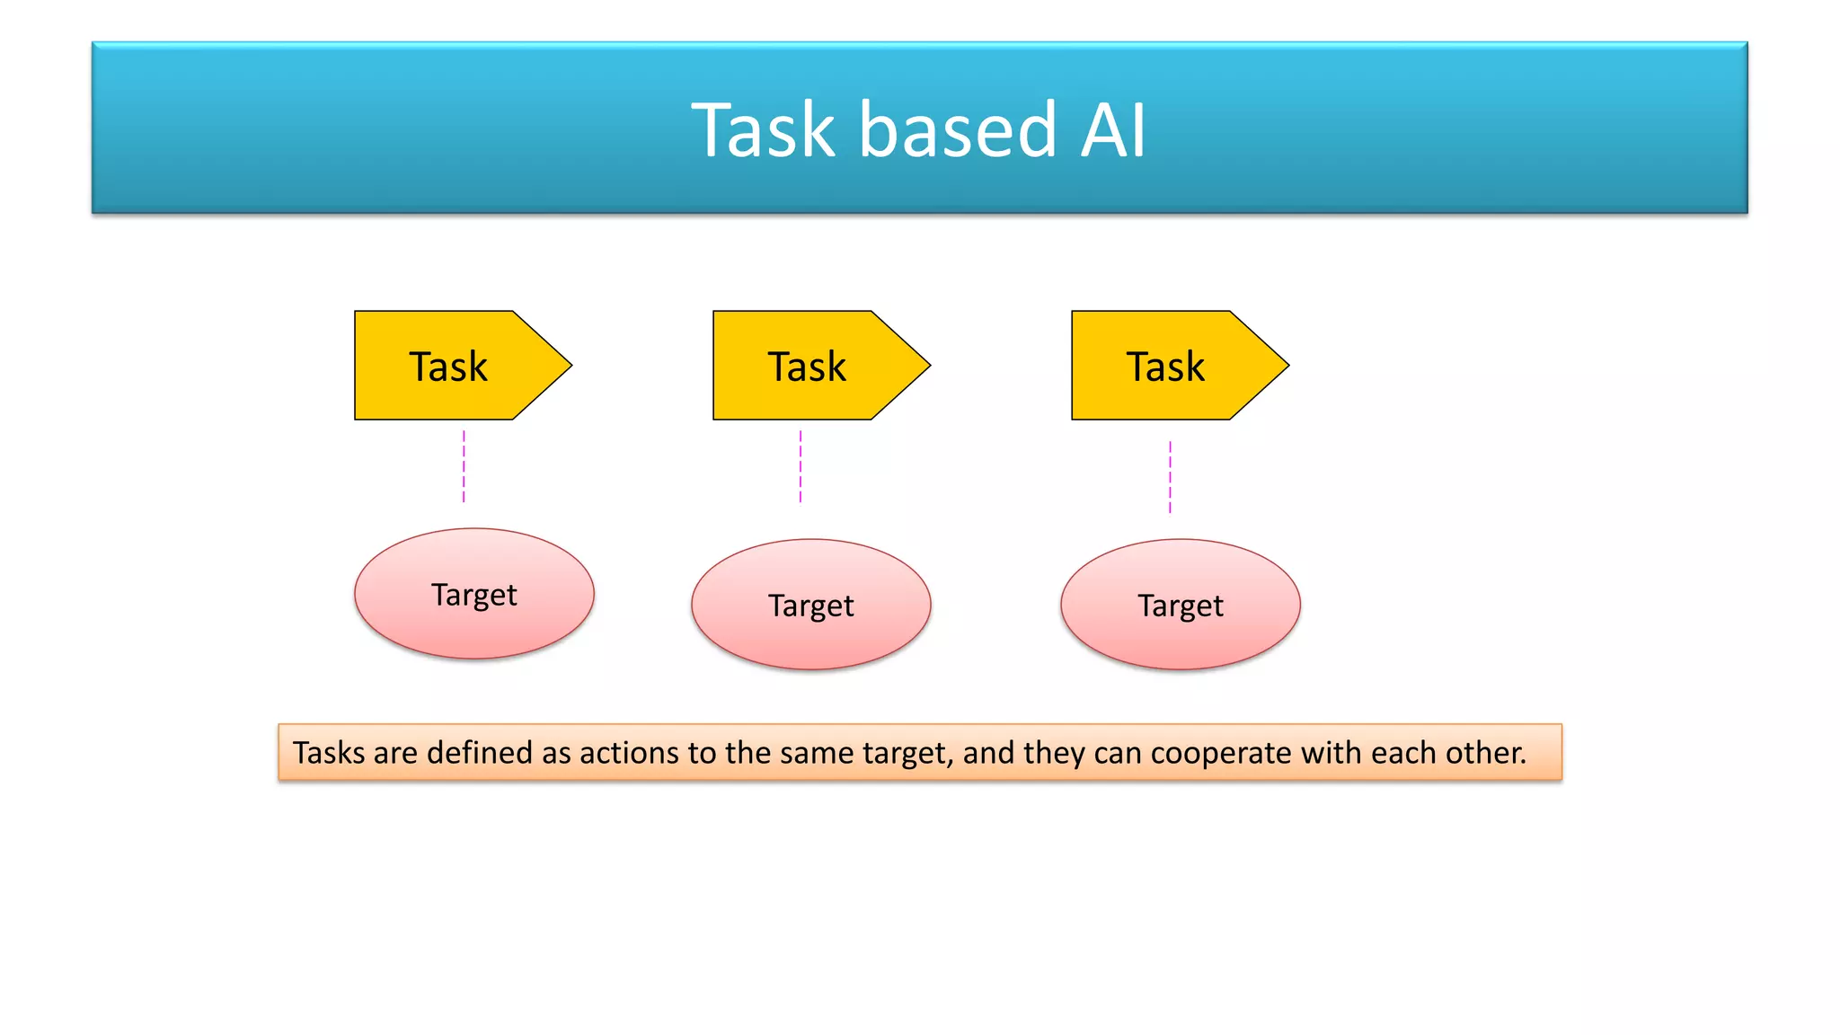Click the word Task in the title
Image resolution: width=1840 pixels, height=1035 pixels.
tap(763, 131)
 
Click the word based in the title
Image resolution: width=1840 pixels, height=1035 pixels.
tap(958, 131)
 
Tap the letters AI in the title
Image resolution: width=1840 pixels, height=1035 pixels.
tap(1113, 131)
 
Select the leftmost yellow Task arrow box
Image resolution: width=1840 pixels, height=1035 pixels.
tap(449, 366)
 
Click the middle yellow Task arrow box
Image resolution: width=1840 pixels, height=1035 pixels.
tap(808, 366)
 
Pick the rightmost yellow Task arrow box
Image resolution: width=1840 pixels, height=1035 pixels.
tap(1166, 366)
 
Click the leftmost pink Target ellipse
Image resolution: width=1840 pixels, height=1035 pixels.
tap(474, 594)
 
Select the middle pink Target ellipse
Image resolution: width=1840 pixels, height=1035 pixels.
tap(811, 605)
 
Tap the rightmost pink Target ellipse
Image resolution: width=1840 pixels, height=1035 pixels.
tap(1181, 605)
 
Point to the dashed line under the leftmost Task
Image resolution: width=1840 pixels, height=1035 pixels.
tap(464, 466)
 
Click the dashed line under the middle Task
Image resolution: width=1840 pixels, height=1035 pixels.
tap(801, 466)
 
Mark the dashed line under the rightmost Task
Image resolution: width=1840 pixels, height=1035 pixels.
tap(1170, 477)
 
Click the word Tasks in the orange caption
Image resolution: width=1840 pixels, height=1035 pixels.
tap(328, 753)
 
